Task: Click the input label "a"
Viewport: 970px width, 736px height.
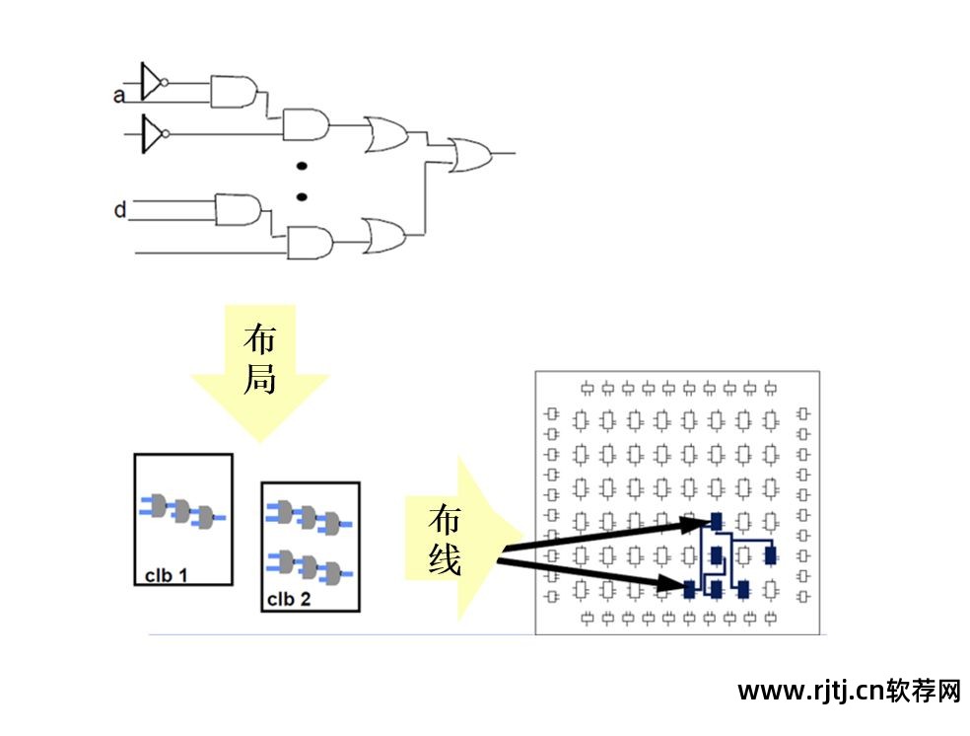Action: [118, 96]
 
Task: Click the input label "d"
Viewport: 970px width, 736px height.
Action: [119, 210]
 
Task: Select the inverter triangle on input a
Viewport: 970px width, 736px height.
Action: [151, 82]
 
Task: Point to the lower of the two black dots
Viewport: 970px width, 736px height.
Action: [303, 195]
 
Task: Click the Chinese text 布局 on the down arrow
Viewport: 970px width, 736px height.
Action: [259, 359]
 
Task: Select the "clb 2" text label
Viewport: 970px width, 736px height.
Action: [289, 598]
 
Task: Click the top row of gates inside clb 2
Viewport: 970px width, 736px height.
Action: [310, 515]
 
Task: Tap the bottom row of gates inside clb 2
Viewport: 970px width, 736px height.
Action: [310, 566]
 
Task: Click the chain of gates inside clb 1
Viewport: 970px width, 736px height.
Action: [182, 510]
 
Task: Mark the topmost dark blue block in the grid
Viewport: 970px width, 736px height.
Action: [717, 521]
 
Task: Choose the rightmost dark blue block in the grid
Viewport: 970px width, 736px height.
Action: [771, 555]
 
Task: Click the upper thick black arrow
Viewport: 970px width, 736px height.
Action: [601, 536]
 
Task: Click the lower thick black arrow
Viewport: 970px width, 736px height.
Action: [591, 576]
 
